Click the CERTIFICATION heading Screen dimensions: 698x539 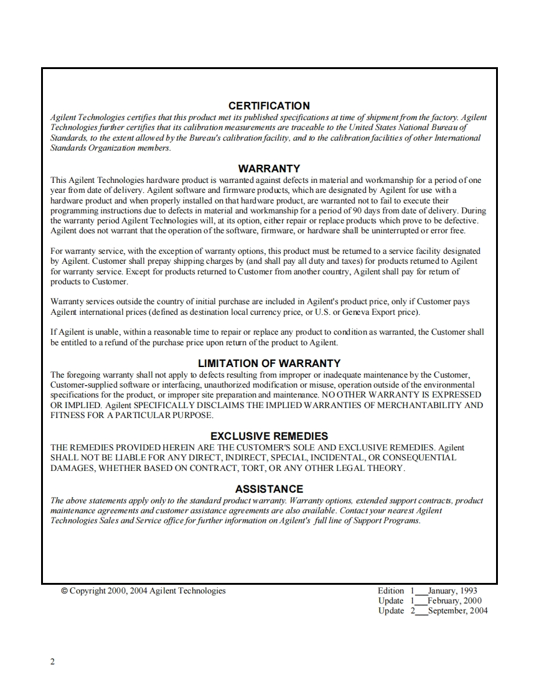click(269, 106)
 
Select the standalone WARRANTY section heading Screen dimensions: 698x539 click(269, 169)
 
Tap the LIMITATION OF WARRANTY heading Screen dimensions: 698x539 click(269, 363)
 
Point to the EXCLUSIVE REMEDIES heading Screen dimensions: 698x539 click(269, 436)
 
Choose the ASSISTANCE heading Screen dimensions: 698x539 click(269, 489)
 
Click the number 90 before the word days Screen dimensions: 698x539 click(381, 211)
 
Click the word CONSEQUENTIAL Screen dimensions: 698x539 click(415, 457)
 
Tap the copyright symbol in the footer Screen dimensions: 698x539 click(64, 591)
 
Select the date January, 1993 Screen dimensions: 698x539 click(452, 591)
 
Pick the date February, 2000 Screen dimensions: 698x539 click(454, 601)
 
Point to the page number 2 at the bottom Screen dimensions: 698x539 click(52, 662)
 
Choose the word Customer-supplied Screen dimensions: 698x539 click(84, 385)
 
